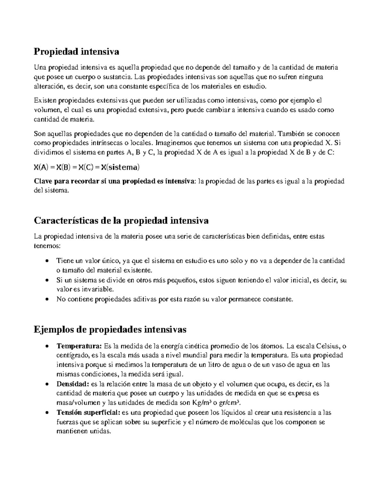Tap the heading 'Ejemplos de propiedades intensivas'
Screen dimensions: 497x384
pyautogui.click(x=110, y=329)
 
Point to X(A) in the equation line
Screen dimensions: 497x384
pyautogui.click(x=41, y=167)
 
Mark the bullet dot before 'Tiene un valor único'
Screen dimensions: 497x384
pyautogui.click(x=47, y=261)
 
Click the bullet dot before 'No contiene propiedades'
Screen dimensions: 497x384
pyautogui.click(x=47, y=300)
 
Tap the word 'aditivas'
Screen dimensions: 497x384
pyautogui.click(x=145, y=300)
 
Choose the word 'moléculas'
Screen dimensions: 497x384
pyautogui.click(x=246, y=422)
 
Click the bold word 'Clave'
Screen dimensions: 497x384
pyautogui.click(x=43, y=181)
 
